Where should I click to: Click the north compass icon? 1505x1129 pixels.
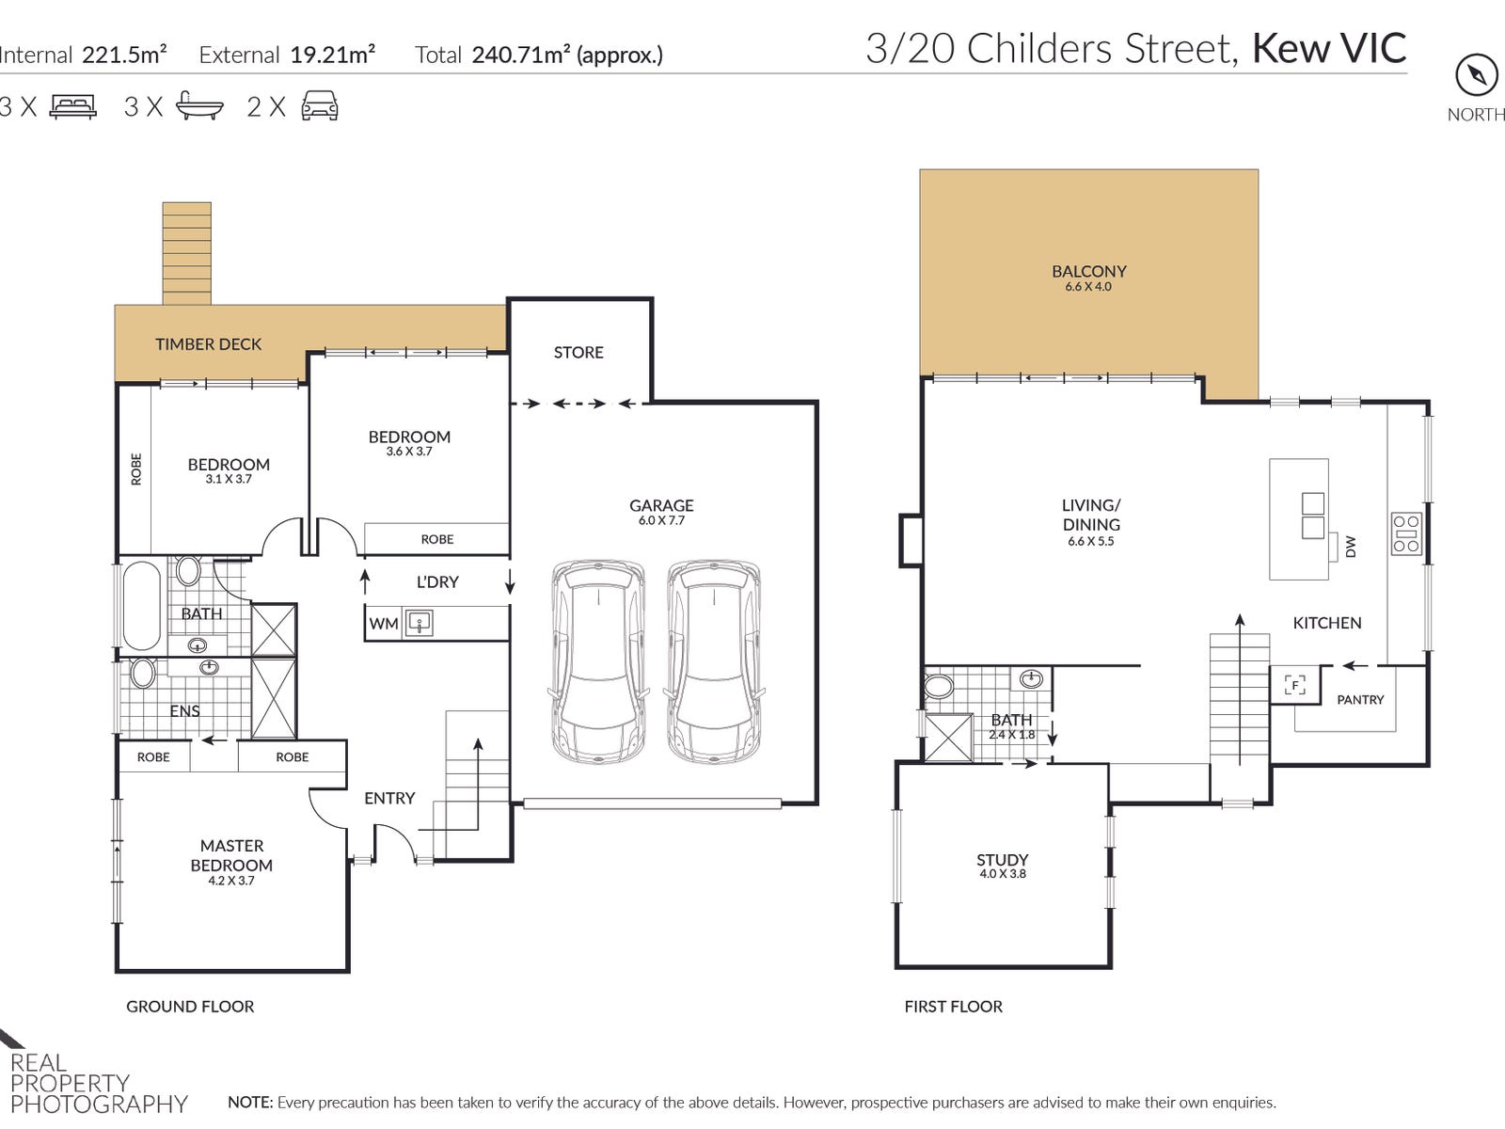point(1476,74)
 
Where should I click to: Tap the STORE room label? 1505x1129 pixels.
point(578,352)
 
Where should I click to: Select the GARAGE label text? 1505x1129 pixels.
point(661,505)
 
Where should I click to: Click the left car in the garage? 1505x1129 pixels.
point(598,662)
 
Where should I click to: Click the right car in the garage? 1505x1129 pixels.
point(714,662)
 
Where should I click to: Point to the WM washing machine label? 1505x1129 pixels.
point(383,624)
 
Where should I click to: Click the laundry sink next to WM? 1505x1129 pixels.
point(419,623)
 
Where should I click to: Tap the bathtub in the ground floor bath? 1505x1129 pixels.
point(141,605)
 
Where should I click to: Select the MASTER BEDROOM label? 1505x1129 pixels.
point(231,855)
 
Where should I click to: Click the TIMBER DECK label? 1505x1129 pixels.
point(209,344)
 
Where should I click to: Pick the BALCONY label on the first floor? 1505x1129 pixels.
point(1089,272)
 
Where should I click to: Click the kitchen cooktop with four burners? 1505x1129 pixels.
point(1406,533)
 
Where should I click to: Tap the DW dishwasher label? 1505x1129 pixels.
point(1351,547)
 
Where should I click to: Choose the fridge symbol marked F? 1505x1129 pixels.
point(1294,685)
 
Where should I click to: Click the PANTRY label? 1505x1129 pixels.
point(1360,700)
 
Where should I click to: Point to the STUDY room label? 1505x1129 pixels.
point(1003,860)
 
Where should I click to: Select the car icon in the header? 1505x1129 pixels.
point(320,105)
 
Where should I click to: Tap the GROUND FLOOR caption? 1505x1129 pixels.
point(190,1007)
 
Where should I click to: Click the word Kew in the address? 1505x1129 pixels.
point(1291,49)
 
